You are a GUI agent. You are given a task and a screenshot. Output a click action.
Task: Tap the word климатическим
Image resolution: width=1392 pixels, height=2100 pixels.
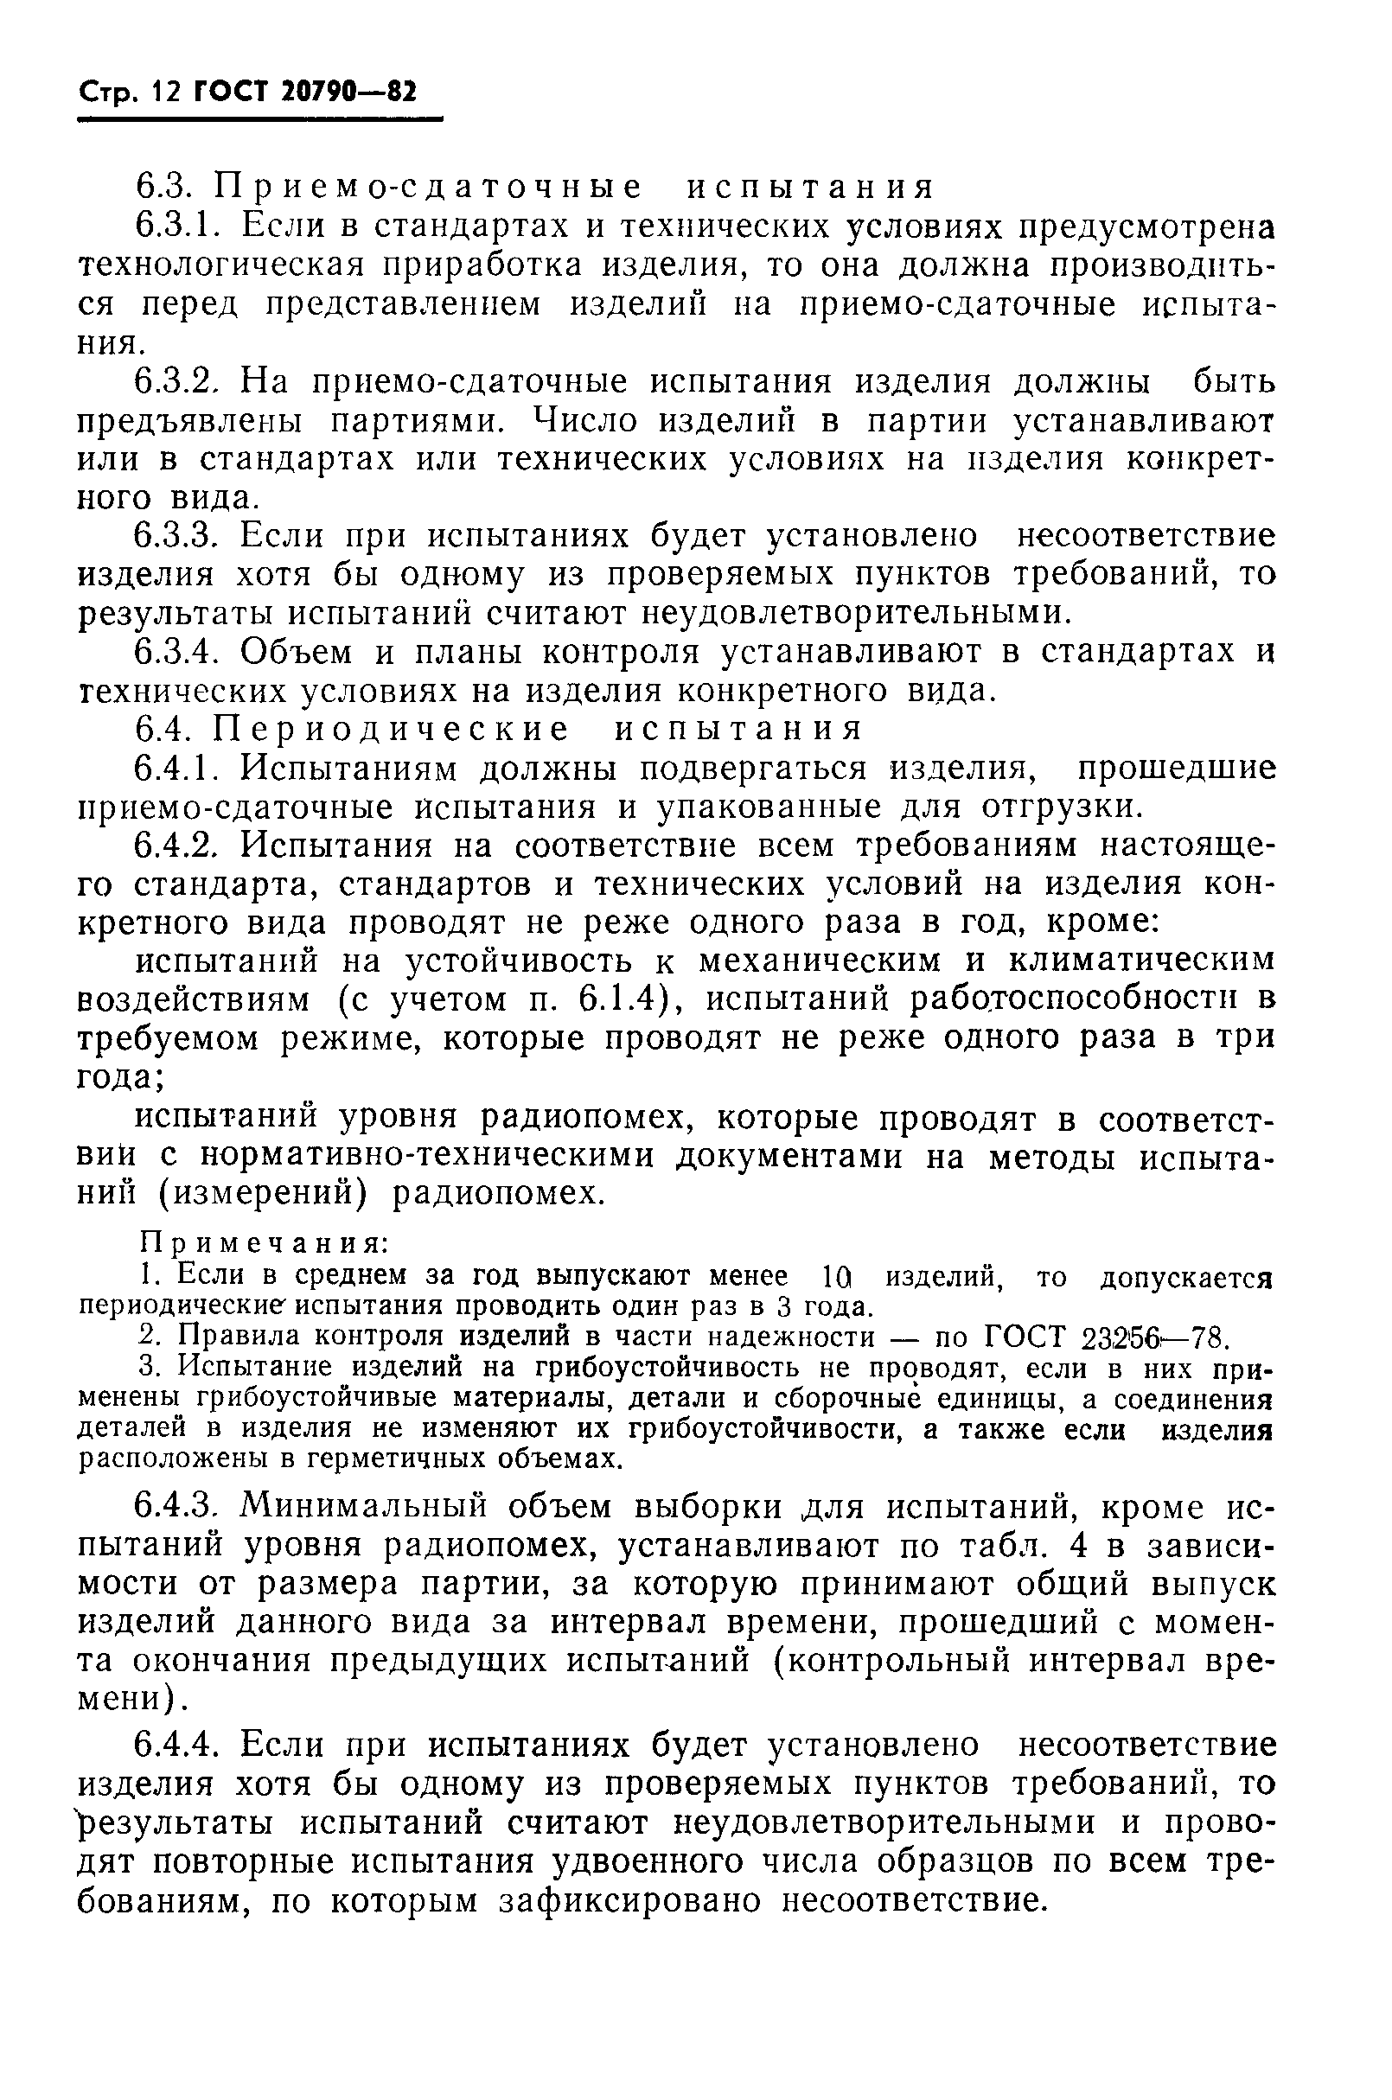pos(1140,961)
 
